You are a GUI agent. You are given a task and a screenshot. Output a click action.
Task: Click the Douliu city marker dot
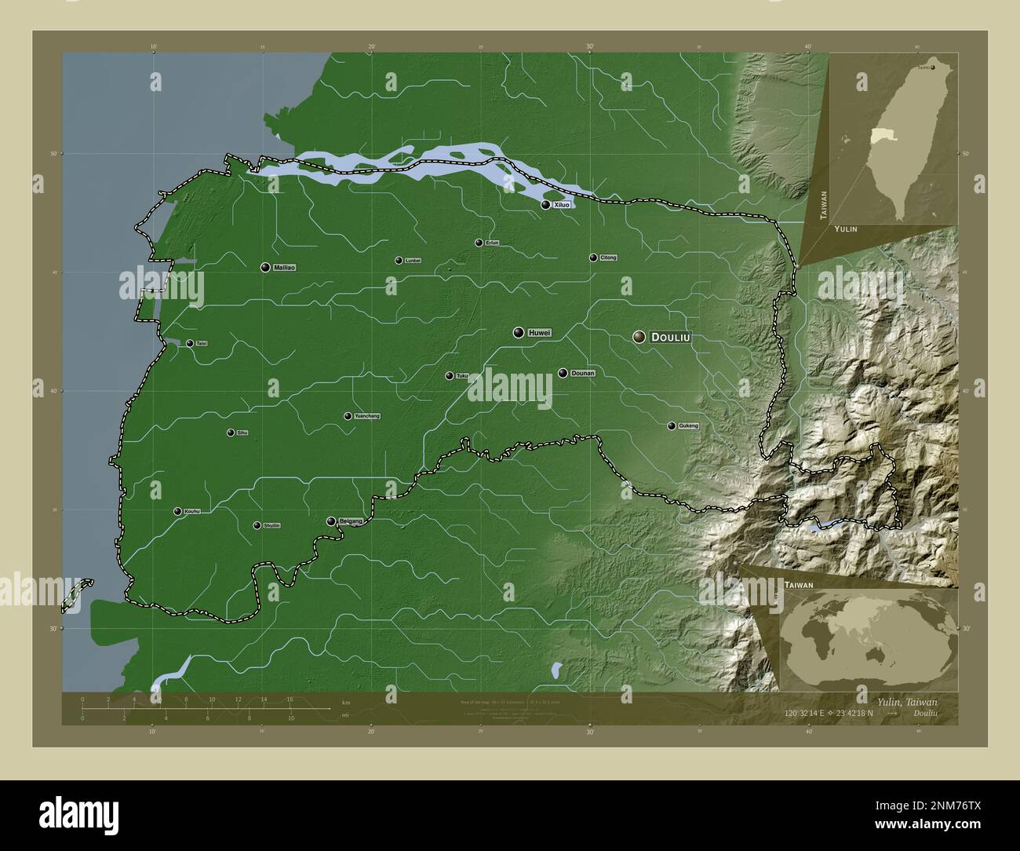tap(639, 337)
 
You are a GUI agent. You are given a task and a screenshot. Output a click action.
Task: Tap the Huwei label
tap(540, 333)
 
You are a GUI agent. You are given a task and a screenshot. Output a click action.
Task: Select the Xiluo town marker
tap(546, 204)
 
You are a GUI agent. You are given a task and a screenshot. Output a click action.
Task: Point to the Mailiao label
tap(285, 268)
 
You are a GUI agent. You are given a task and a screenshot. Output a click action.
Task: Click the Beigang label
tap(351, 521)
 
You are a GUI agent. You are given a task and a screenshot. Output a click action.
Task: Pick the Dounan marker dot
tap(563, 373)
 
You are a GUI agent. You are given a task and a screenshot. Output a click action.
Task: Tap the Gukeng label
tap(688, 426)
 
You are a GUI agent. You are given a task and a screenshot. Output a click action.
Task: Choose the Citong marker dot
tap(593, 257)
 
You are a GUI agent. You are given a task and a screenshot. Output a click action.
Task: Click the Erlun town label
tap(492, 243)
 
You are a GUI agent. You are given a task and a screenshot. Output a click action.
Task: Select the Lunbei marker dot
tap(399, 261)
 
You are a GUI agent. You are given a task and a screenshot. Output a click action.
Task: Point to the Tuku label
tap(462, 376)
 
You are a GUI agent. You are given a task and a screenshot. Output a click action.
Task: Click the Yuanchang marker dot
tap(348, 416)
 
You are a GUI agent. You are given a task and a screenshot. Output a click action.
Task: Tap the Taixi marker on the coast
tap(190, 343)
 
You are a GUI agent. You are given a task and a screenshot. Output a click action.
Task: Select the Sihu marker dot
tap(231, 433)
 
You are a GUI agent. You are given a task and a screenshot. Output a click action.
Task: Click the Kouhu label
tap(192, 512)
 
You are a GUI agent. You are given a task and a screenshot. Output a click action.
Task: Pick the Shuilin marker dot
tap(257, 526)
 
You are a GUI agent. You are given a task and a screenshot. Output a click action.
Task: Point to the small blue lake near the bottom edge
tap(556, 670)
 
